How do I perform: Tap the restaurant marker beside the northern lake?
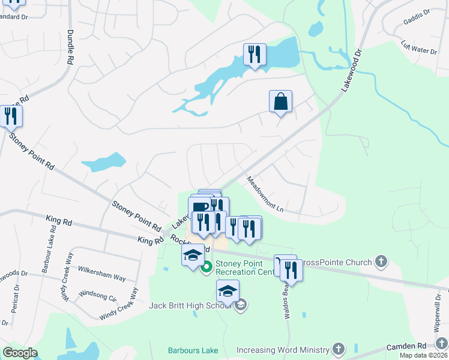(255, 55)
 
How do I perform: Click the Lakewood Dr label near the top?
(353, 71)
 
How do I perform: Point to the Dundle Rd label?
(70, 47)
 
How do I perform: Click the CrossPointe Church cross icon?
(380, 261)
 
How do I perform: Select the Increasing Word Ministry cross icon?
(339, 349)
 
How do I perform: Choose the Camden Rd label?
(406, 346)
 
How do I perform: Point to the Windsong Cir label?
(97, 296)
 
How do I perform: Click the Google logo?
(20, 353)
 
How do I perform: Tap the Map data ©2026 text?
(424, 355)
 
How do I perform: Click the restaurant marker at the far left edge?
(10, 115)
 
